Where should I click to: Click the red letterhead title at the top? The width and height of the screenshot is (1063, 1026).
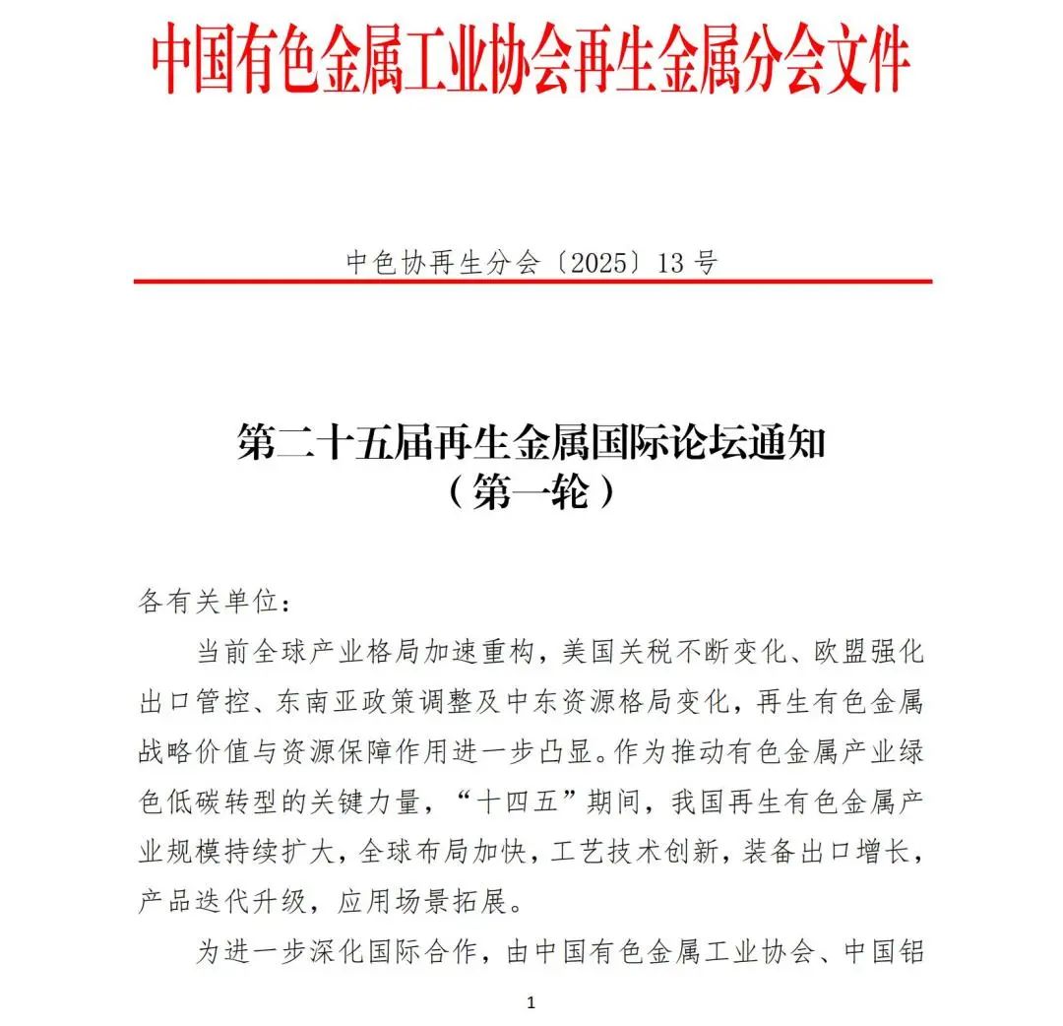point(531,62)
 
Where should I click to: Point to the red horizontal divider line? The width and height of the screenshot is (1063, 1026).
point(532,282)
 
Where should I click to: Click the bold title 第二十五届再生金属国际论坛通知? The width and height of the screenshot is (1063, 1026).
point(531,443)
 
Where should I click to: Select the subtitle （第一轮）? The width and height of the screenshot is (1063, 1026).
point(531,491)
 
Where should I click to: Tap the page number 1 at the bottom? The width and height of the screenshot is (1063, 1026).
point(531,1003)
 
